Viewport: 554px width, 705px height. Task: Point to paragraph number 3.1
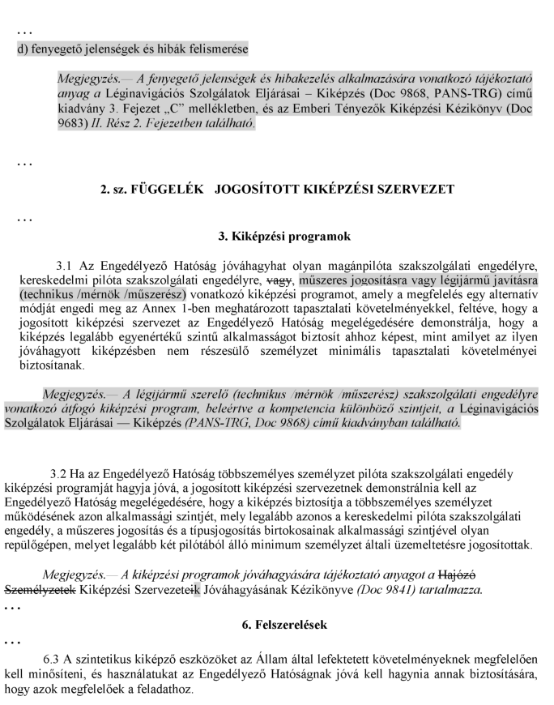66,265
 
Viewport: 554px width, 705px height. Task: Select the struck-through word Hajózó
493,575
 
